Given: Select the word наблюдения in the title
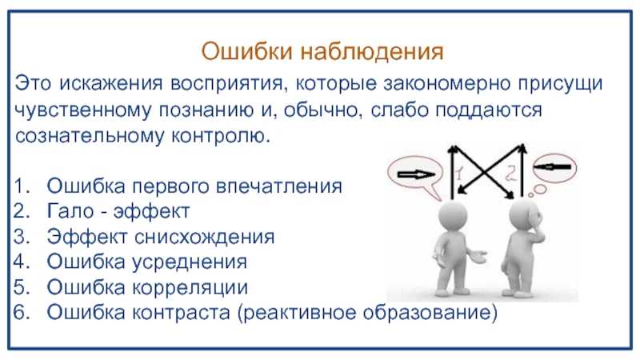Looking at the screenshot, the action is (372, 53).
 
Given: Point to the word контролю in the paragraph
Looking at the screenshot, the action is (221, 136).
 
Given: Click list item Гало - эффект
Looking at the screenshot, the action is (118, 211).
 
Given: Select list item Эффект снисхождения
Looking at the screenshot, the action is (161, 236).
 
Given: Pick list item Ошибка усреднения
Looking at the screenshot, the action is (147, 262).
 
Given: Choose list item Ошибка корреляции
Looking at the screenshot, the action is (147, 287).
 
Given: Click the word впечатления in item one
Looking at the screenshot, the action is (279, 186).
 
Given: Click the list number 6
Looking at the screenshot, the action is (22, 312).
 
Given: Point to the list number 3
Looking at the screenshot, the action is (22, 237).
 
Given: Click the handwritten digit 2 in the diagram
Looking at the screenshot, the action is (510, 173).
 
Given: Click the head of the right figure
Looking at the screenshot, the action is (525, 215).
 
